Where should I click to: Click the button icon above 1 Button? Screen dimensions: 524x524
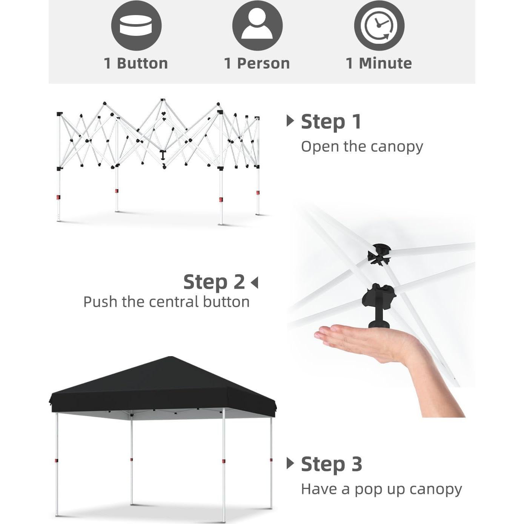(x=136, y=25)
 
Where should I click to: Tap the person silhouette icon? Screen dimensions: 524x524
(x=257, y=25)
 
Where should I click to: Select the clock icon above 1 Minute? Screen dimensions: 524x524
(x=379, y=25)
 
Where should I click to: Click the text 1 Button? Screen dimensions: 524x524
(x=136, y=63)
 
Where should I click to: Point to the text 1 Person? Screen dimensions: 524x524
(x=257, y=63)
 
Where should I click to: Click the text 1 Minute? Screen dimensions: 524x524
(x=379, y=63)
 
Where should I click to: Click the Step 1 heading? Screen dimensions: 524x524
(x=331, y=122)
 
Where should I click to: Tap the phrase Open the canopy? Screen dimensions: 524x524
(x=362, y=146)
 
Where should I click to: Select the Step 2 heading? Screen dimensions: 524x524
(x=214, y=282)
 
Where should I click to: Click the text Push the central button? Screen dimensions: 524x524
(x=166, y=302)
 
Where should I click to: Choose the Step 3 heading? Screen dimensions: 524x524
(x=331, y=464)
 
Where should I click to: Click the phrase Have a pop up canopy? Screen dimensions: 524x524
(x=381, y=489)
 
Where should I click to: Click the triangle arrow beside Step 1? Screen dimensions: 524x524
(x=290, y=121)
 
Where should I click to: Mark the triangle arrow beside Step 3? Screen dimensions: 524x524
(x=290, y=463)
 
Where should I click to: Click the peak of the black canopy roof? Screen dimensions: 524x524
(x=171, y=358)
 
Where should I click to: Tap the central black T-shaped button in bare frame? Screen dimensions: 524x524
(x=163, y=155)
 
